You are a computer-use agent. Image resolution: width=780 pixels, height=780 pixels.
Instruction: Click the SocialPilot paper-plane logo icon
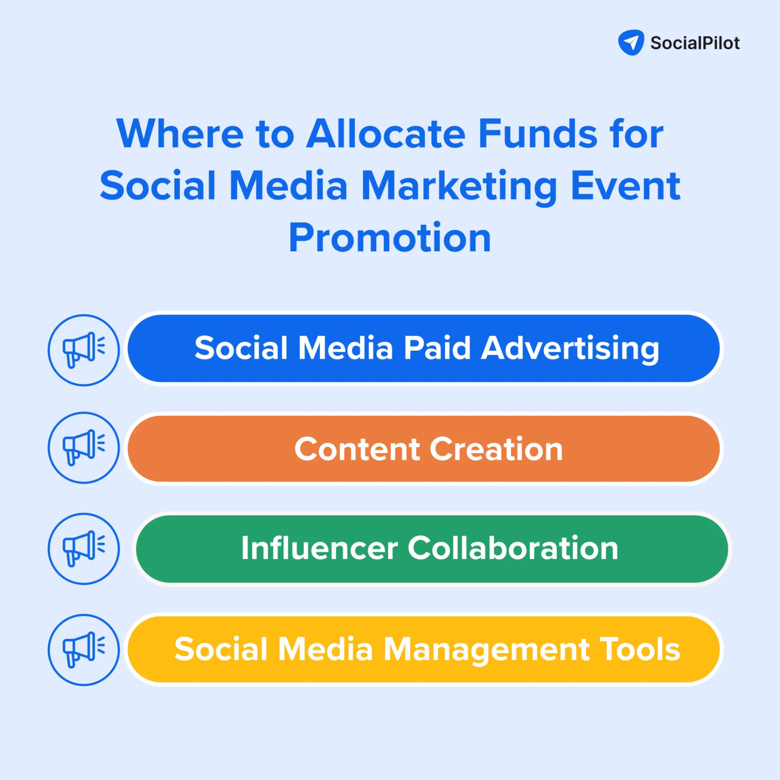tap(631, 43)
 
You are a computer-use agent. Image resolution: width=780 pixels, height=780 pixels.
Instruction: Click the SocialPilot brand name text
tap(695, 43)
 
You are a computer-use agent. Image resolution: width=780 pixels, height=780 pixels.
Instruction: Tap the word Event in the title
tap(626, 186)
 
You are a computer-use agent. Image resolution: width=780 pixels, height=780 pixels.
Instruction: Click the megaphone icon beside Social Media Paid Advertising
tap(84, 350)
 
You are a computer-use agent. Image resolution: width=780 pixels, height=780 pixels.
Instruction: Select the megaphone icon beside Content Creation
tap(84, 447)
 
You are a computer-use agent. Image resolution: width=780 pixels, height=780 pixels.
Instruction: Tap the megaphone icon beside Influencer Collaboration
tap(84, 549)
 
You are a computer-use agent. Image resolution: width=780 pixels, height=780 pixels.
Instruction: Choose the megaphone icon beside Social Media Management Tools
tap(84, 650)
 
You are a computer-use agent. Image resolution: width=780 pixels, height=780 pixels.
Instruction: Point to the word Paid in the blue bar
tap(437, 348)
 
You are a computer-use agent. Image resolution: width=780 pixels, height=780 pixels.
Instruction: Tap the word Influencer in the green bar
tap(319, 548)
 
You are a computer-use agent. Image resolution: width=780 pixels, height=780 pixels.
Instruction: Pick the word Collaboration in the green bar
tap(513, 548)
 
